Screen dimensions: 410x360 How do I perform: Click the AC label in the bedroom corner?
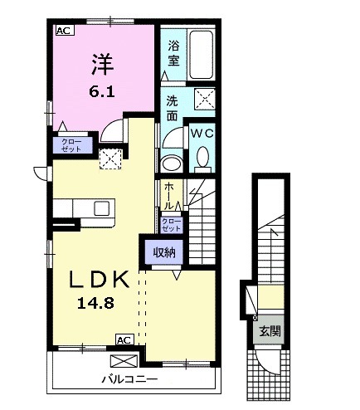coord(63,31)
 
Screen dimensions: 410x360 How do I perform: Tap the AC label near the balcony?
coord(123,339)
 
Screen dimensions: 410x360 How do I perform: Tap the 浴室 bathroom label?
coord(173,53)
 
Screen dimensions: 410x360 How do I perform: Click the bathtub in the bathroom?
coord(201,55)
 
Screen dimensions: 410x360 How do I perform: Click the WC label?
coord(202,133)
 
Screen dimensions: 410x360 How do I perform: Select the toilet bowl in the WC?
coord(202,156)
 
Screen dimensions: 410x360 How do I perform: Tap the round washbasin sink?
coord(171,163)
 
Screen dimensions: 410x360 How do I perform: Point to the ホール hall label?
coord(169,194)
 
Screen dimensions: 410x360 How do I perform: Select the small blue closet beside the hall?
coord(170,223)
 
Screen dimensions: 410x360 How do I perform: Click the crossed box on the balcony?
coord(121,360)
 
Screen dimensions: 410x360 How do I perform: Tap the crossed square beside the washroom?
coord(204,100)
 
